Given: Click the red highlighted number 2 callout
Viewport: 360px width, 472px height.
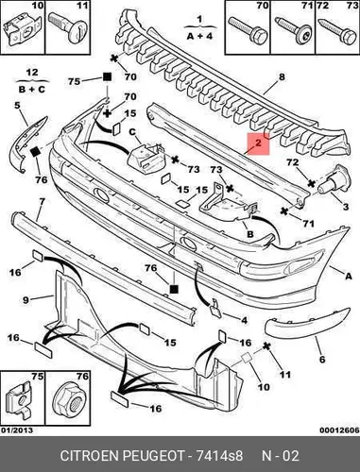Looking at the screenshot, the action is tap(258, 143).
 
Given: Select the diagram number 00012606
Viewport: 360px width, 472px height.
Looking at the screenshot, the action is tap(339, 430).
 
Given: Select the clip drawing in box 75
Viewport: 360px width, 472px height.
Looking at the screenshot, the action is tap(18, 399).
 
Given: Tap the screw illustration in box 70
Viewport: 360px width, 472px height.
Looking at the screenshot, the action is tap(248, 30).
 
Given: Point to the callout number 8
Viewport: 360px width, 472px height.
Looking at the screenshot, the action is tap(282, 76).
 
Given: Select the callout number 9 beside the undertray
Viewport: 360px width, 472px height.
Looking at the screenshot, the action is tap(26, 300).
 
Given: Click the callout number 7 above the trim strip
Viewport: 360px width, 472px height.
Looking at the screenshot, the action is tap(42, 201).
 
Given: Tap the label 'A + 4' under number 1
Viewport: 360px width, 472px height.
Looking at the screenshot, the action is tap(199, 36).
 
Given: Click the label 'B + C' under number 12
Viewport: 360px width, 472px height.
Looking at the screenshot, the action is tap(32, 90).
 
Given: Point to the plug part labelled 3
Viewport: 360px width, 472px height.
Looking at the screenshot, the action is tap(334, 179).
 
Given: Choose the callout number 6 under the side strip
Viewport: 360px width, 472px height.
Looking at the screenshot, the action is tap(322, 359).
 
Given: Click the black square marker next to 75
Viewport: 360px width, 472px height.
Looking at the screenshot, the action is tap(107, 77).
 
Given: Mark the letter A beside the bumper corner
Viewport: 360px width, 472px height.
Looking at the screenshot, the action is tap(349, 276).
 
